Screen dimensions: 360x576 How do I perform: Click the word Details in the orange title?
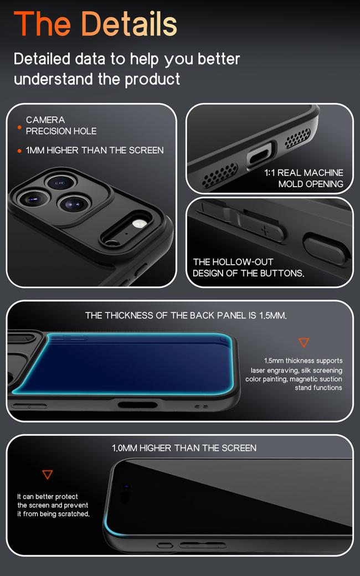128,24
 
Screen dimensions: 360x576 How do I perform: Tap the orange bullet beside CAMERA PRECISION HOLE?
19,127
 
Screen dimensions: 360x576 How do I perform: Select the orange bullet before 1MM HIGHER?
19,151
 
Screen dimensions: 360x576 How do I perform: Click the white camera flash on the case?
139,224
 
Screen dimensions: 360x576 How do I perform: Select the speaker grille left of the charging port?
220,175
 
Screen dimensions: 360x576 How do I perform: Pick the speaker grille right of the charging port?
297,138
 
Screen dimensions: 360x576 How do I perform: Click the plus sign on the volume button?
265,231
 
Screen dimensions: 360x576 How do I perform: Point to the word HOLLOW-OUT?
243,262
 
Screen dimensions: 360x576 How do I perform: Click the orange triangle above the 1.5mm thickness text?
304,342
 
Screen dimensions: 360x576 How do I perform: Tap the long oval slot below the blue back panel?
138,405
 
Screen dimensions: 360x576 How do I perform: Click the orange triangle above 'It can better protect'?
48,474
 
